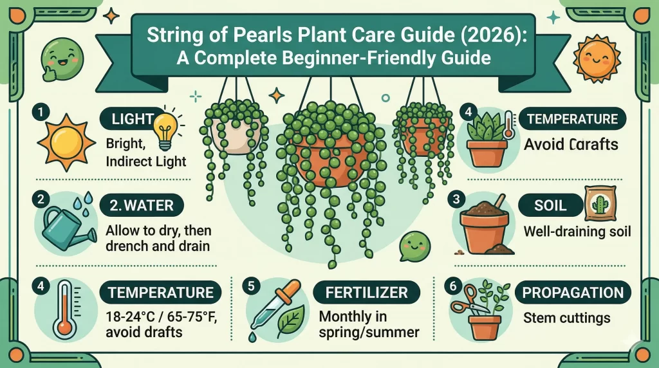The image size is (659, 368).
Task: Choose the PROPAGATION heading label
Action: tap(573, 293)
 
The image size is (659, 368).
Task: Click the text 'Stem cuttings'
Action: tap(557, 317)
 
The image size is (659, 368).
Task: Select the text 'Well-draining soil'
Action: tap(577, 230)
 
